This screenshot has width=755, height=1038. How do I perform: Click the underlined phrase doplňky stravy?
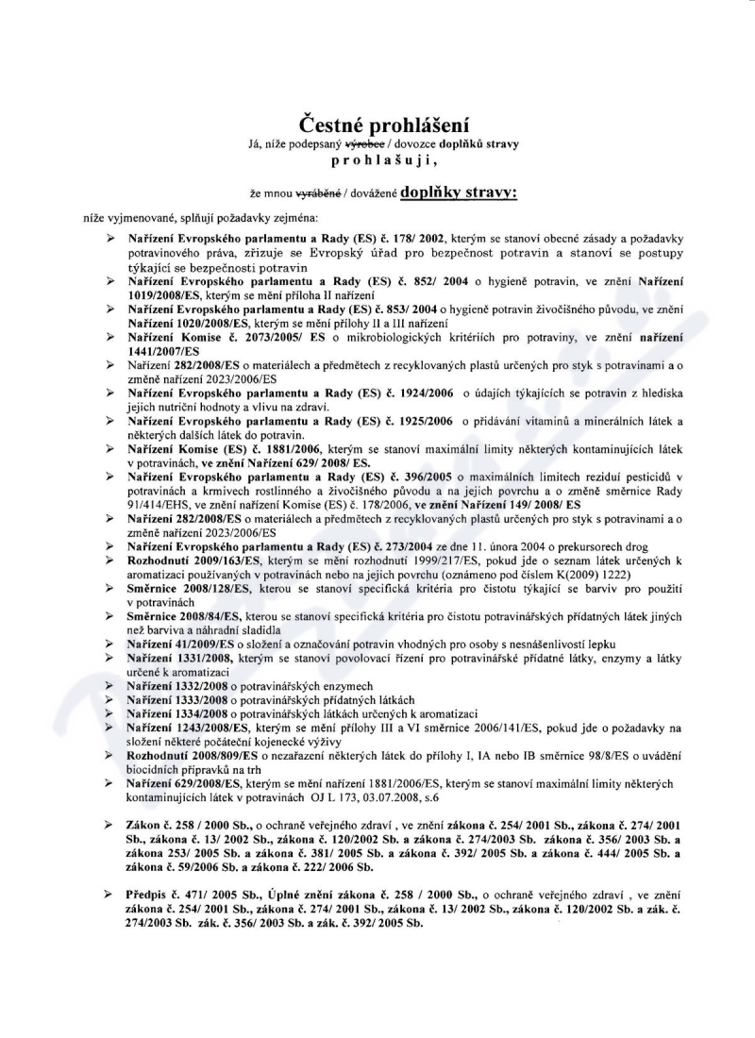click(459, 193)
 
